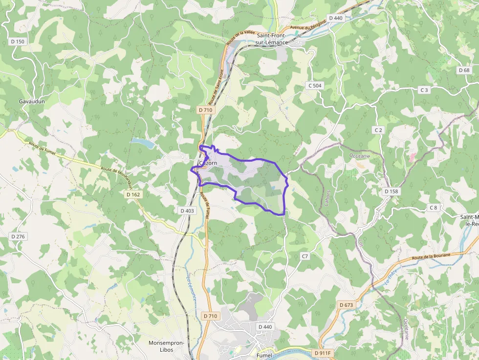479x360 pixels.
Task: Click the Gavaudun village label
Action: pyautogui.click(x=28, y=101)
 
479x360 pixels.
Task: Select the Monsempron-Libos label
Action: pyautogui.click(x=166, y=346)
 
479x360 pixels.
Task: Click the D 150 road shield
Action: pyautogui.click(x=17, y=42)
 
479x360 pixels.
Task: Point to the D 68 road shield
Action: pyautogui.click(x=464, y=70)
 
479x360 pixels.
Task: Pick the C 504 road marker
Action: pyautogui.click(x=315, y=85)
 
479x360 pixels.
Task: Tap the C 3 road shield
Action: pyautogui.click(x=424, y=90)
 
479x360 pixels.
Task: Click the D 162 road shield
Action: pyautogui.click(x=133, y=194)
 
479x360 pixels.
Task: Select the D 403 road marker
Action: pyautogui.click(x=187, y=211)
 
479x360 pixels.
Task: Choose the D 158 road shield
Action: pyautogui.click(x=391, y=191)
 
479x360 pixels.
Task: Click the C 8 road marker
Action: pyautogui.click(x=434, y=208)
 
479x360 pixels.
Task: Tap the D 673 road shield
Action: pyautogui.click(x=346, y=305)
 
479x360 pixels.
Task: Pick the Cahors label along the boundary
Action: pyautogui.click(x=327, y=198)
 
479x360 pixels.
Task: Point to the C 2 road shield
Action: pyautogui.click(x=378, y=130)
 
